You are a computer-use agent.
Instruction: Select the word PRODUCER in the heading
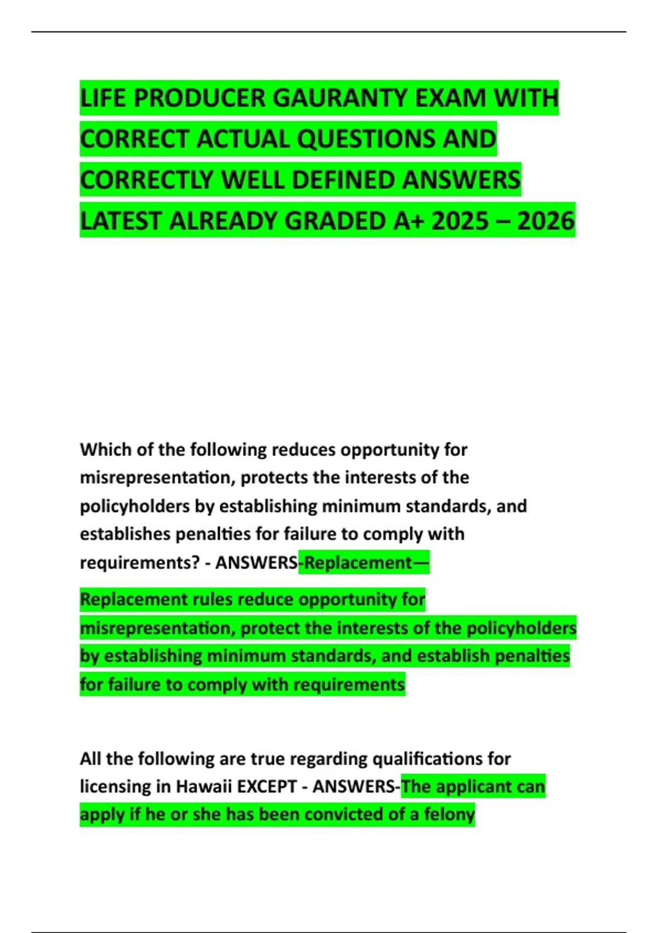200,99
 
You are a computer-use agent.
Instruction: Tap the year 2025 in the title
460,221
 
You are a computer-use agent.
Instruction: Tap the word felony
449,814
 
